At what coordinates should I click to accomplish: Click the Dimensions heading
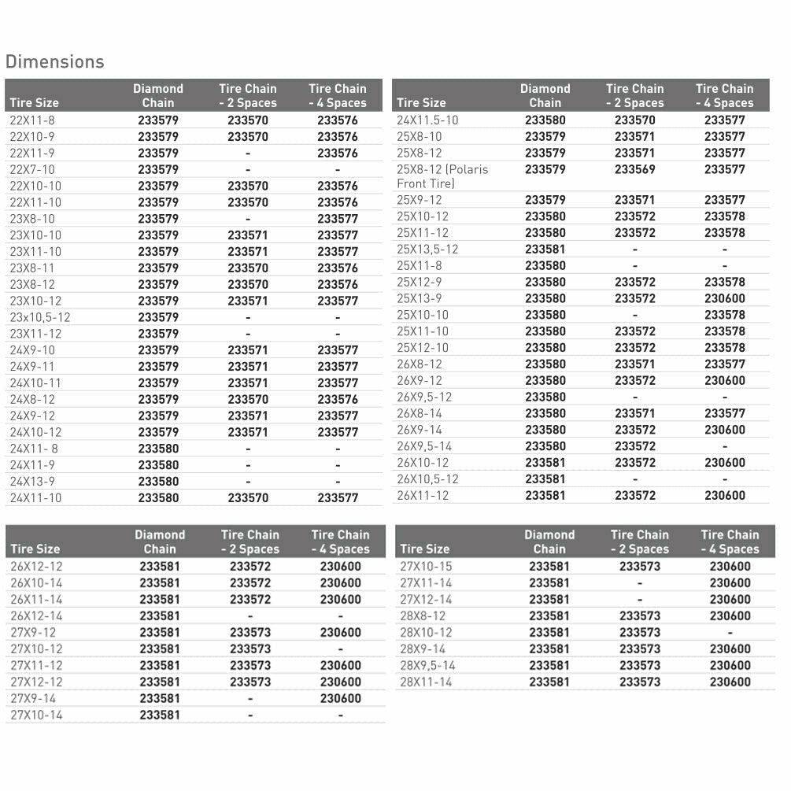tap(54, 61)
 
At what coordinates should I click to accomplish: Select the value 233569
tap(634, 169)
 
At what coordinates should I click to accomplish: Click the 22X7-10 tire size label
tap(32, 169)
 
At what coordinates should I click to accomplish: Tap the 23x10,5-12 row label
tap(40, 317)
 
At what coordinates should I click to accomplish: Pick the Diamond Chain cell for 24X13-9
tap(158, 481)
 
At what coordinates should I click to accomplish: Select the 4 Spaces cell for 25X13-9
tap(724, 298)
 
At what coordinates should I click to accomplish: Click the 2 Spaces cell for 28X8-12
tap(639, 615)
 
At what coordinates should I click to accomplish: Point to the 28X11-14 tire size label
tap(426, 682)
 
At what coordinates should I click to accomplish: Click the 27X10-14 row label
tap(36, 715)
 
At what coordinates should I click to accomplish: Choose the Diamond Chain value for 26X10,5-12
tap(545, 479)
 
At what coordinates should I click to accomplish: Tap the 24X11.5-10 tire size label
tap(427, 120)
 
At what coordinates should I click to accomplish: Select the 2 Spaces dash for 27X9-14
tap(249, 698)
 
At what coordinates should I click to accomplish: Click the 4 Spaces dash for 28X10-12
tap(730, 632)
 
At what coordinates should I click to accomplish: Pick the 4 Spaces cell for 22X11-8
tap(338, 120)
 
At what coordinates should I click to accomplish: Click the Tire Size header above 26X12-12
tap(35, 549)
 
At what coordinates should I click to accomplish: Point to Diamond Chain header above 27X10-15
tap(549, 542)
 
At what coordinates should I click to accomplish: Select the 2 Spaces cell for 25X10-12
tap(634, 216)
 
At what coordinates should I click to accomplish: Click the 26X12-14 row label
tap(36, 615)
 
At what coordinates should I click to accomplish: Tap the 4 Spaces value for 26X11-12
tap(724, 495)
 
